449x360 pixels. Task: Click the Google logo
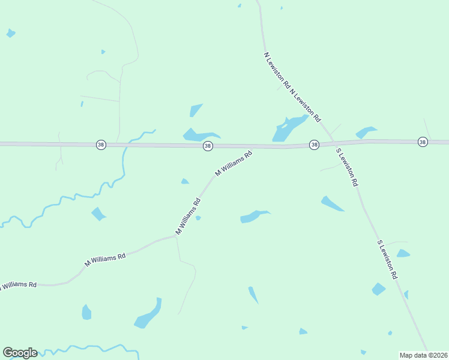(x=20, y=353)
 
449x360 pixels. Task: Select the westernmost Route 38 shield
(x=101, y=145)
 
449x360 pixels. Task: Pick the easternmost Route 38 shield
(x=423, y=142)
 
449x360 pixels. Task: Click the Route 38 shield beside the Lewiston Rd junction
(x=314, y=145)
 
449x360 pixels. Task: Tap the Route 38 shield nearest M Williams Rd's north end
(x=207, y=146)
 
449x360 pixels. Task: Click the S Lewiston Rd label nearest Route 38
(x=348, y=167)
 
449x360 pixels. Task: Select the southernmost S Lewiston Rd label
(x=388, y=260)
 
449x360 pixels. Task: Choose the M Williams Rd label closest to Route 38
(x=233, y=163)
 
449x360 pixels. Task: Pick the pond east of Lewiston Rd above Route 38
(x=365, y=132)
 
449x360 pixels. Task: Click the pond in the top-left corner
(x=11, y=33)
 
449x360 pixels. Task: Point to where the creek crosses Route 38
(x=124, y=145)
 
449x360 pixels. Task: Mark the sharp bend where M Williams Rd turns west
(x=176, y=236)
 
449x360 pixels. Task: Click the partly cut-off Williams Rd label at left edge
(x=18, y=284)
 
